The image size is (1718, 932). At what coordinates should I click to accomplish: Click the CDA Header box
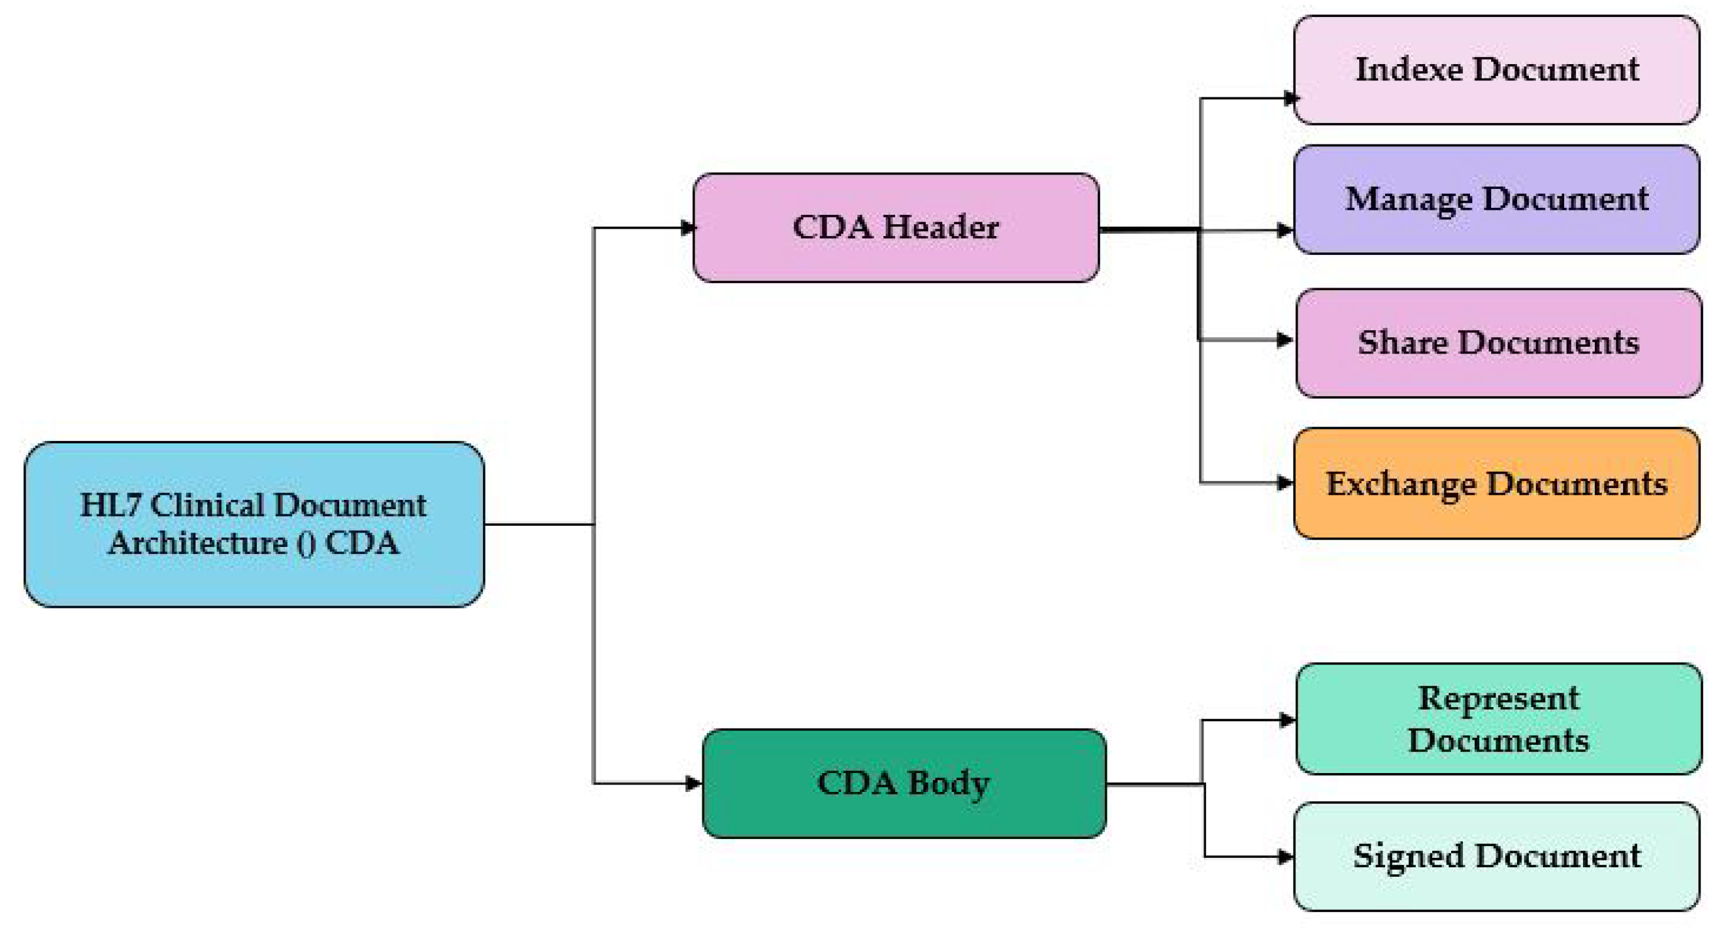tap(896, 227)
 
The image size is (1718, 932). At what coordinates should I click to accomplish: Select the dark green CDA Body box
tap(904, 783)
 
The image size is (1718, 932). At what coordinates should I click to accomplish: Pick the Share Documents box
tap(1498, 343)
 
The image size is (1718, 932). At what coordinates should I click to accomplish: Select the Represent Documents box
tap(1498, 718)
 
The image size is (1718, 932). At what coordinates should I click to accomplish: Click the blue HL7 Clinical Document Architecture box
tap(253, 524)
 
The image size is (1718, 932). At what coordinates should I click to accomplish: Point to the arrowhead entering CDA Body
tap(693, 783)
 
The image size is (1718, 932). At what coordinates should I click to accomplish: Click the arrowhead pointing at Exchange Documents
tap(1285, 483)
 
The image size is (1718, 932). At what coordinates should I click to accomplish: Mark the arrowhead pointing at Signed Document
tap(1285, 857)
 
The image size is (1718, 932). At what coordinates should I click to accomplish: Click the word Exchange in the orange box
tap(1401, 484)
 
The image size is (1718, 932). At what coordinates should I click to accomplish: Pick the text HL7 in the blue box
tap(110, 506)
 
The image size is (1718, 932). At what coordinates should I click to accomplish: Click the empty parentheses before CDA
tap(306, 543)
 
